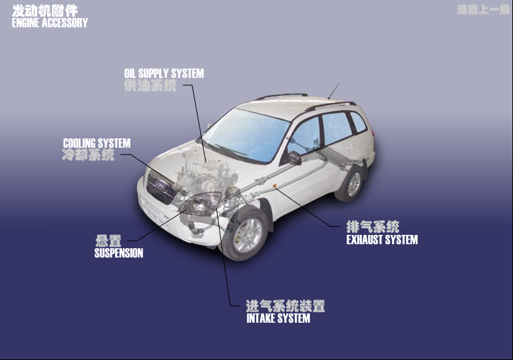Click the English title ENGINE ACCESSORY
pyautogui.click(x=50, y=23)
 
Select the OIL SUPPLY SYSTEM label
pyautogui.click(x=164, y=73)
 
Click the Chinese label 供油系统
pyautogui.click(x=150, y=86)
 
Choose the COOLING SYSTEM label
pyautogui.click(x=96, y=143)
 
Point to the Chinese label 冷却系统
pyautogui.click(x=88, y=155)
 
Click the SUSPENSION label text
pyautogui.click(x=118, y=253)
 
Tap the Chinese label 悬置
pyautogui.click(x=108, y=241)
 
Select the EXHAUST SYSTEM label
pyautogui.click(x=382, y=240)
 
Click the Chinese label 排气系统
pyautogui.click(x=373, y=226)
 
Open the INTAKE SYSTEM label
pyautogui.click(x=278, y=318)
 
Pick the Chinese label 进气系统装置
pyautogui.click(x=285, y=306)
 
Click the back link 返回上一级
pyautogui.click(x=483, y=10)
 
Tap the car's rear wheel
pyautogui.click(x=351, y=183)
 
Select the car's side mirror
pyautogui.click(x=294, y=158)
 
